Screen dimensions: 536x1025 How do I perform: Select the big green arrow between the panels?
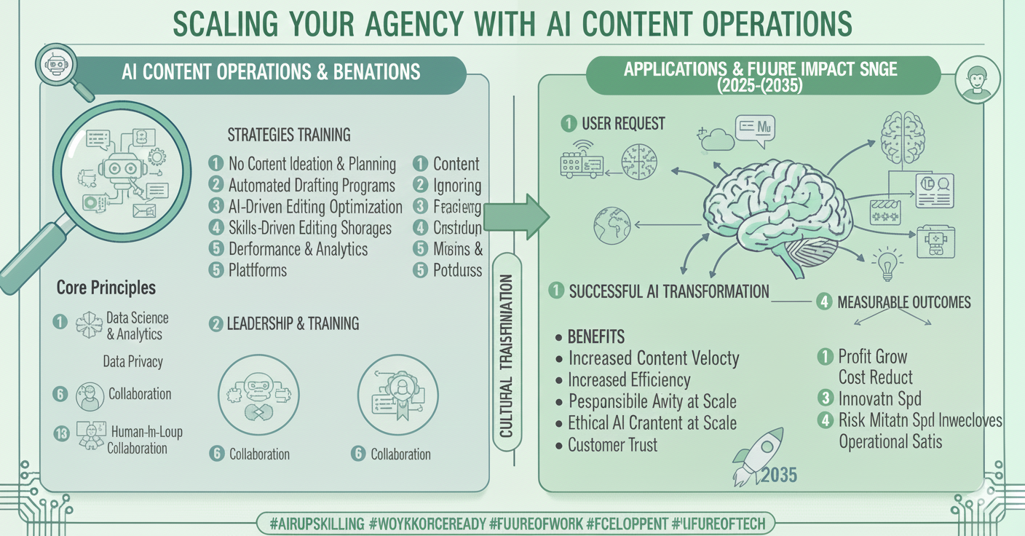518,216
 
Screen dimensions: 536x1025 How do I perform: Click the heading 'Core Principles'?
106,288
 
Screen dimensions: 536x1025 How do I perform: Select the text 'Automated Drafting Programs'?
312,185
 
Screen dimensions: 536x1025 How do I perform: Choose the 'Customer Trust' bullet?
612,445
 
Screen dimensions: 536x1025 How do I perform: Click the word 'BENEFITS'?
596,337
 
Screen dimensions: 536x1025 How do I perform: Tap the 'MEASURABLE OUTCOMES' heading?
903,301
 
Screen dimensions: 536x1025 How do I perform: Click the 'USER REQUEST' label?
623,124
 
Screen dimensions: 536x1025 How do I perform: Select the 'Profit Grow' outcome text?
872,357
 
